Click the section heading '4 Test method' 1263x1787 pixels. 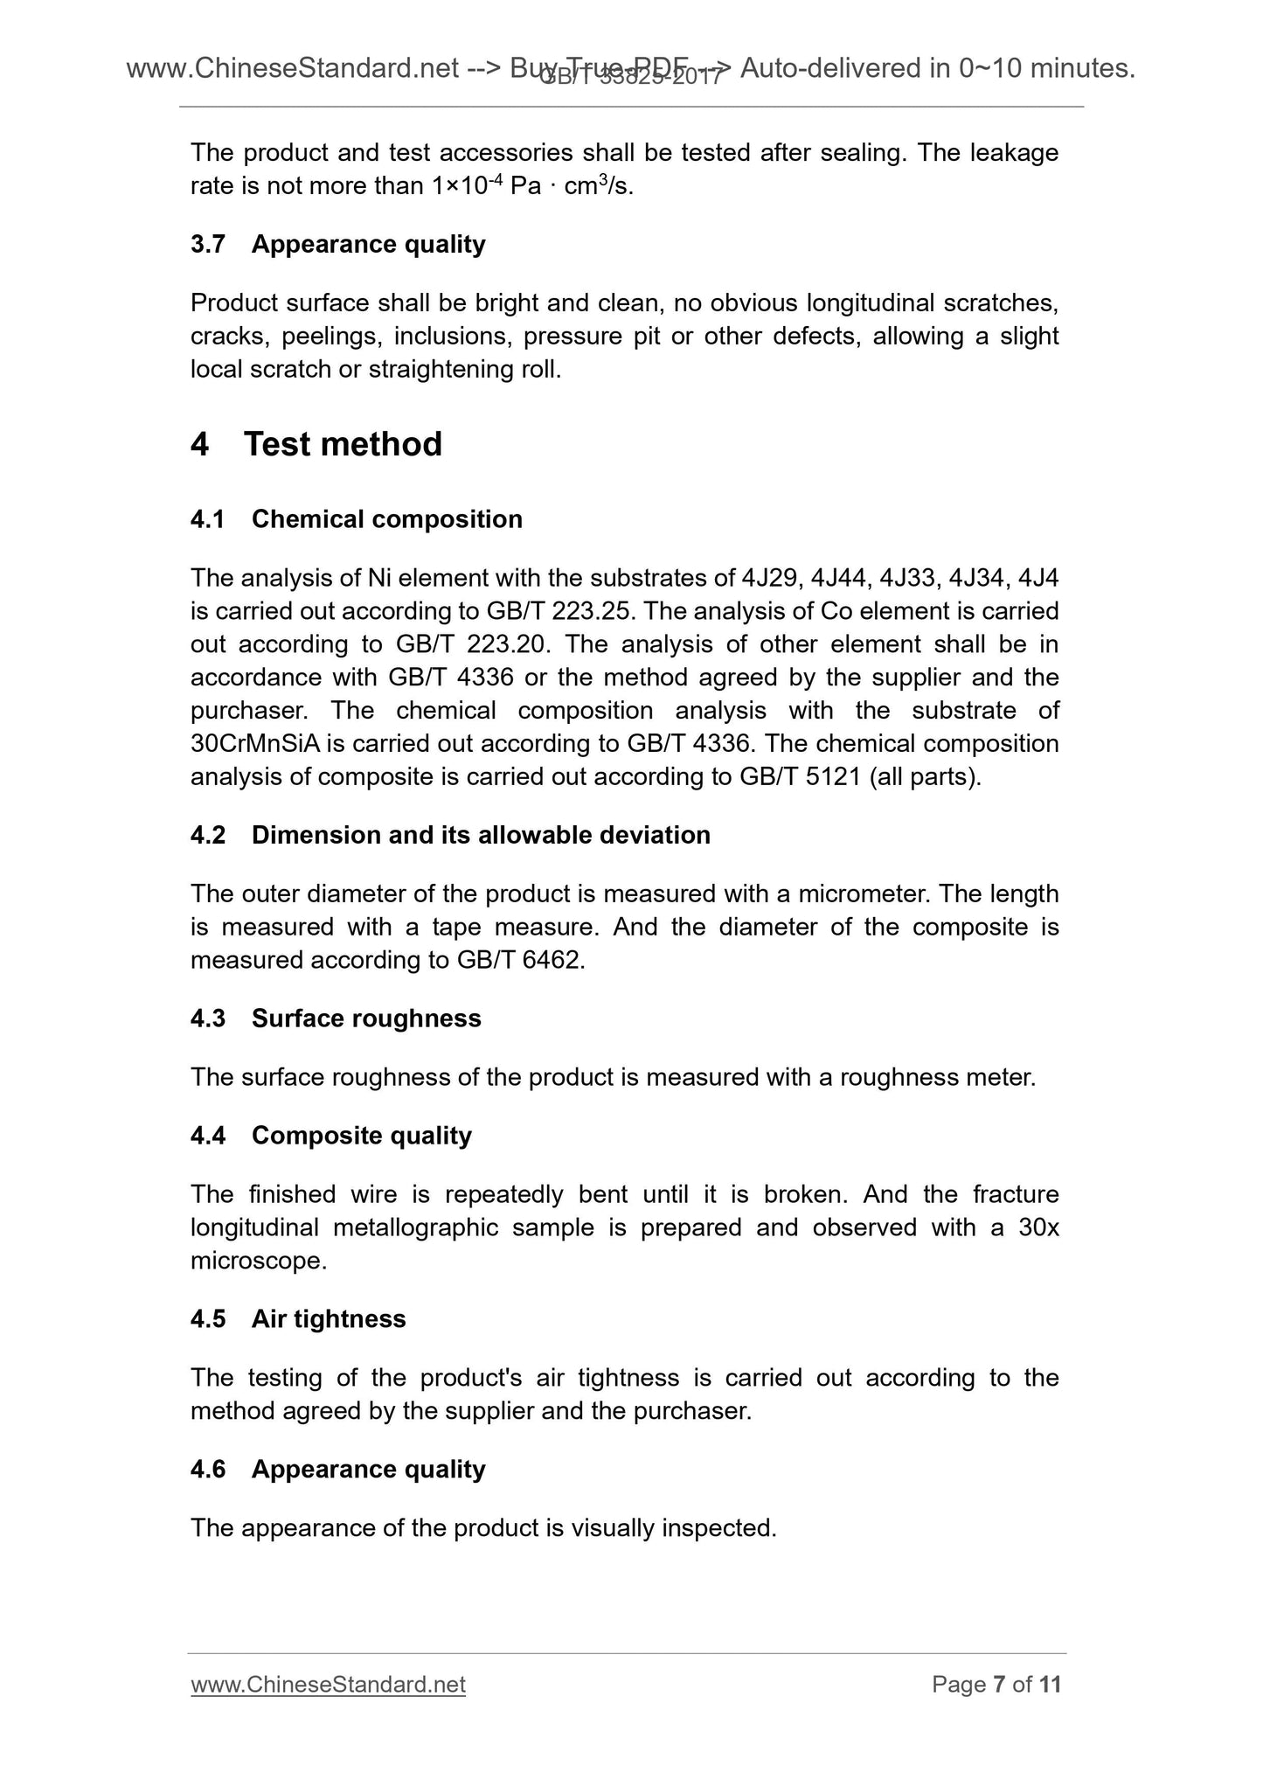point(316,444)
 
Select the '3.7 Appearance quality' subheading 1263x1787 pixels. point(337,244)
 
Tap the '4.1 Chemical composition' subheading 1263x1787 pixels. point(356,519)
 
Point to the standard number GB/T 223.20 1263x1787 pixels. point(472,644)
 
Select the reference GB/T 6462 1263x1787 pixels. point(517,961)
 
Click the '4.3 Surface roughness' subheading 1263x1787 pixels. point(336,1019)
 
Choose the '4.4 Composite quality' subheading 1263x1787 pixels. point(330,1136)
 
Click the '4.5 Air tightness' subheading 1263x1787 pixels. point(298,1319)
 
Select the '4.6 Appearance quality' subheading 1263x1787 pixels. point(337,1470)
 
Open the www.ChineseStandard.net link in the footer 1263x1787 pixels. point(328,1685)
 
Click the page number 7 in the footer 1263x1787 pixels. point(999,1685)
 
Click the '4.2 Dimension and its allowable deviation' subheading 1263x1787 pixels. point(450,836)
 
